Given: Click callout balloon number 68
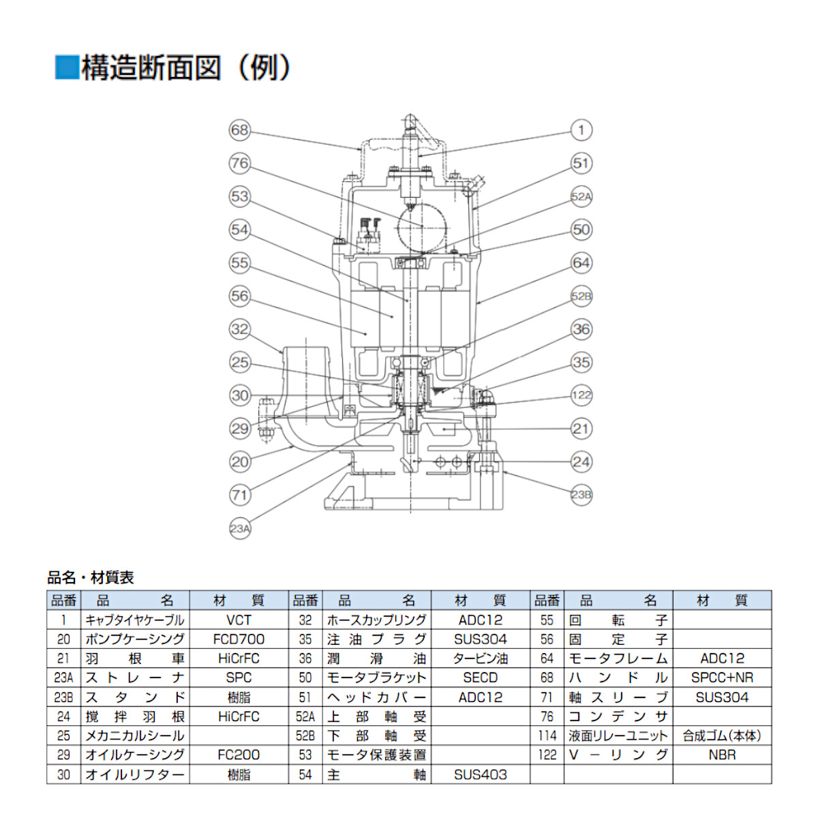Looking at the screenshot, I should click(239, 130).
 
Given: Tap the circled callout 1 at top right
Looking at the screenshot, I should click(581, 130).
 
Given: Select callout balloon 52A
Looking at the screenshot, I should click(581, 196).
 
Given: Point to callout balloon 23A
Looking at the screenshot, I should click(239, 528).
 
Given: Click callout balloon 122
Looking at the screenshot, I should click(581, 395).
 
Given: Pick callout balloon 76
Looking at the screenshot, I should click(239, 163).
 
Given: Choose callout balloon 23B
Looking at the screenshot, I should click(581, 495).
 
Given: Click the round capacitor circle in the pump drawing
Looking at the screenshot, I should click(421, 226).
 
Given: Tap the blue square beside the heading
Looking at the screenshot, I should click(67, 67).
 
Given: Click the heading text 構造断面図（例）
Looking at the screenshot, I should click(186, 67).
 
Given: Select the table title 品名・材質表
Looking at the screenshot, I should click(90, 577).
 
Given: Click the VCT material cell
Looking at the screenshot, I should click(239, 620).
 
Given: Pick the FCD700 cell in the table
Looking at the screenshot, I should click(239, 639).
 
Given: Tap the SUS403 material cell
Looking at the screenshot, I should click(480, 774).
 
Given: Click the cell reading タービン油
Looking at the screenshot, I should click(480, 658).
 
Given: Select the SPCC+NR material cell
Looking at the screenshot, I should click(722, 678).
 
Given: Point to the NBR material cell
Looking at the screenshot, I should click(722, 755).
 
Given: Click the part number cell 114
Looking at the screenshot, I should click(547, 736).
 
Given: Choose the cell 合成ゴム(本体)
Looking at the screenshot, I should click(722, 736).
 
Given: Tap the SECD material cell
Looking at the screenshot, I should click(480, 678).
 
